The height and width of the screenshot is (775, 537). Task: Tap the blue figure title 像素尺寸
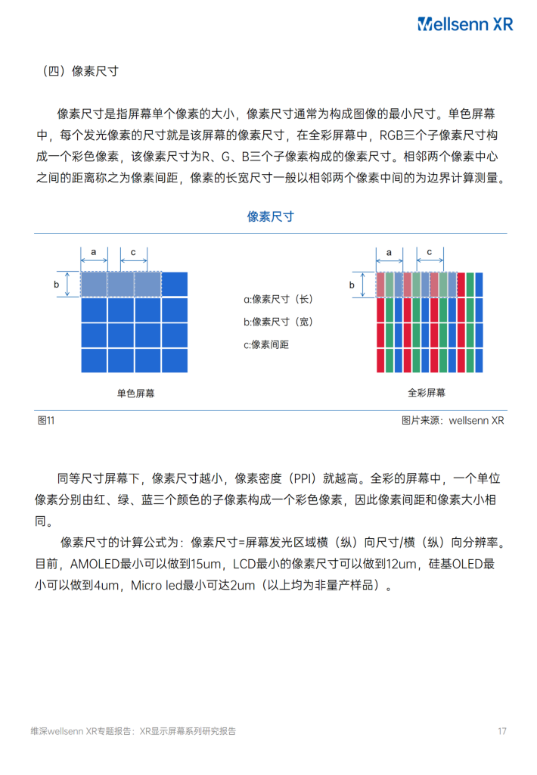coord(270,216)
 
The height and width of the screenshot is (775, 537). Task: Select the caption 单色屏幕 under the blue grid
coord(136,394)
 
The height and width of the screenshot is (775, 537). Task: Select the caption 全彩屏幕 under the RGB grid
coord(427,393)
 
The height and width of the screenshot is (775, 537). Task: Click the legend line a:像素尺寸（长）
coord(278,299)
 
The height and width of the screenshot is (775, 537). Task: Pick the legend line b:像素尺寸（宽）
coord(278,322)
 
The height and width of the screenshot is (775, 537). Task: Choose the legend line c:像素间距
coord(266,344)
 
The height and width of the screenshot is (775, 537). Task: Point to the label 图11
coord(46,420)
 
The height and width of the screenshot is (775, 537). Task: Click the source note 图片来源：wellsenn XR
coord(452,420)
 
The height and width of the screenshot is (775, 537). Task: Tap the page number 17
coord(501,731)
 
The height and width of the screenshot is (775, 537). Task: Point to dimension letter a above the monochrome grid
coord(94,251)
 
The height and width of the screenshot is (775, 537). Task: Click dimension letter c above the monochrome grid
coord(134,251)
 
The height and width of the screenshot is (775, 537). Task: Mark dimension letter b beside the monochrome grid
coord(56,284)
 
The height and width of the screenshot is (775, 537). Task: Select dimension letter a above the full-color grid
coord(389,251)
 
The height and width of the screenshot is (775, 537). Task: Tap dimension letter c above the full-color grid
coord(430,251)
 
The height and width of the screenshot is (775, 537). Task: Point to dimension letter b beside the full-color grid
coord(352,285)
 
